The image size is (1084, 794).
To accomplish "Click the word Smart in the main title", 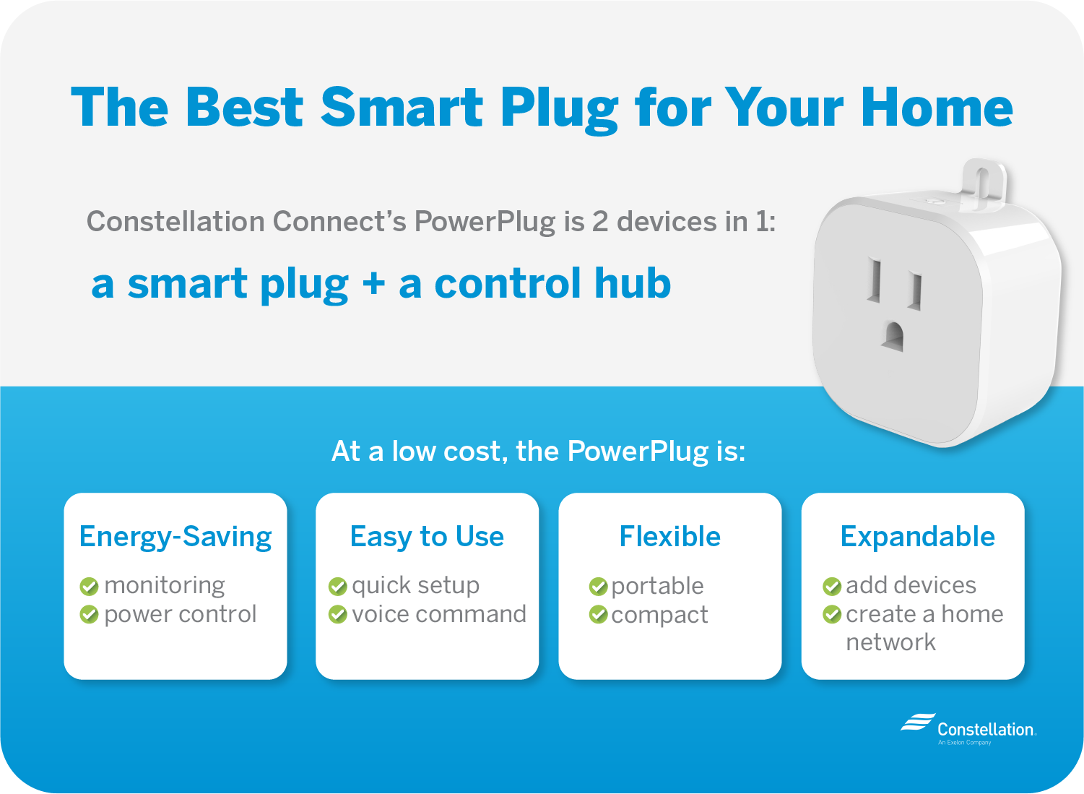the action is (402, 107).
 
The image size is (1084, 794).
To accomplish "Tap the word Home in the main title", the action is (937, 107).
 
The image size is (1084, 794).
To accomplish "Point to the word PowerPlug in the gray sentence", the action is (485, 222).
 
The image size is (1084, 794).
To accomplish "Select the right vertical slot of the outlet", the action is (914, 291).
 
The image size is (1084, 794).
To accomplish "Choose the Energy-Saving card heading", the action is (175, 537).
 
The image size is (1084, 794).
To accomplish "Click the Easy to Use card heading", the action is (427, 536).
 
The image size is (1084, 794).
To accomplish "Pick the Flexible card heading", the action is (669, 536).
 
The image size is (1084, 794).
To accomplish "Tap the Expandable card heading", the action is (917, 537).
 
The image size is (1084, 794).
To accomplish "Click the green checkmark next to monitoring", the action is (89, 587).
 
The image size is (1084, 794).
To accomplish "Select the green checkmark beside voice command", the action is (338, 615).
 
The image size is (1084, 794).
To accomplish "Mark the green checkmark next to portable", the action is (598, 587).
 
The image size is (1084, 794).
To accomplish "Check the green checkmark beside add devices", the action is (832, 587).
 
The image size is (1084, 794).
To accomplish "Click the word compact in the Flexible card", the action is (659, 616).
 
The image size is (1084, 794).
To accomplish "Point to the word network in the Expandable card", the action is (890, 642).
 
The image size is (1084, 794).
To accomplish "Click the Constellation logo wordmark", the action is (987, 729).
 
